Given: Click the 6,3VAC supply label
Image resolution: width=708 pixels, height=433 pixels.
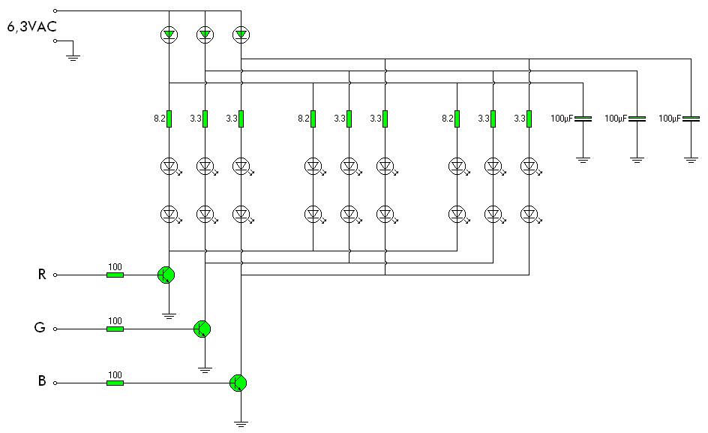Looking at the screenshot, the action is coord(31,27).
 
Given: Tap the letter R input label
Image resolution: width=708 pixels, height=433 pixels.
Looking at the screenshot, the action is coord(42,275).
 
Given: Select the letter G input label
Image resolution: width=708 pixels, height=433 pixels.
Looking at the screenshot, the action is coord(40,327).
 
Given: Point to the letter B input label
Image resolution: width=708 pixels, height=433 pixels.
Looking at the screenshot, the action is coord(42,381).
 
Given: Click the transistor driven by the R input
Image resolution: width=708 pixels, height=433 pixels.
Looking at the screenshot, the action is coord(166,275).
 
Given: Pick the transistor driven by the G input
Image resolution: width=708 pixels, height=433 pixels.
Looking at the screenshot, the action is coord(202,329).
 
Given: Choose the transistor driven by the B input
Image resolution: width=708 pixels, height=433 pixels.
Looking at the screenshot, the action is coord(238,383).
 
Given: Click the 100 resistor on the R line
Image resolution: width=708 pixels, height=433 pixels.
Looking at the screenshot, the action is coord(115,275).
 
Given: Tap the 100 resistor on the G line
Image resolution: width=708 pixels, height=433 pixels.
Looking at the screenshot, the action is coord(115,329).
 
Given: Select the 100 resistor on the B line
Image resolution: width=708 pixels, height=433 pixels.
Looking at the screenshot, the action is coord(115,383).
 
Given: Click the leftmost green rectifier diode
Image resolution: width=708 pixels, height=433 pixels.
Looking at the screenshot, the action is coord(169,35).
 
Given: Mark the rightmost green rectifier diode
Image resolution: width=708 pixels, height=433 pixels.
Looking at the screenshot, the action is coord(241,35).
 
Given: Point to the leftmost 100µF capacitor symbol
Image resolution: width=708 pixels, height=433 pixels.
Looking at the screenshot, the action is coord(583,119).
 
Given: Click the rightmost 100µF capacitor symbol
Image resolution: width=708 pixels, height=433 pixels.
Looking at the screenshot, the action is coord(691,119).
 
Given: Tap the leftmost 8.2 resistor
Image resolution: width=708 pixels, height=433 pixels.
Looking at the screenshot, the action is coord(169,119).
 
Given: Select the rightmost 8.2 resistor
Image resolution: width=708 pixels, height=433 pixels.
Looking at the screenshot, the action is coord(457,119).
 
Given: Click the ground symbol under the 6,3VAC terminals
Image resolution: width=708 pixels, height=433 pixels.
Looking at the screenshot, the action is coord(73,57).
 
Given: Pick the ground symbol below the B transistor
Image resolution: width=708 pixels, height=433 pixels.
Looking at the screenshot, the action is coord(241,423).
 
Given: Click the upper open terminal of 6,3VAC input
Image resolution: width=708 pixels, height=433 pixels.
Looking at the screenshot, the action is coord(55,11).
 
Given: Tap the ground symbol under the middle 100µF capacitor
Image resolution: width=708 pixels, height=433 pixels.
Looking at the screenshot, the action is coord(637,159).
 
